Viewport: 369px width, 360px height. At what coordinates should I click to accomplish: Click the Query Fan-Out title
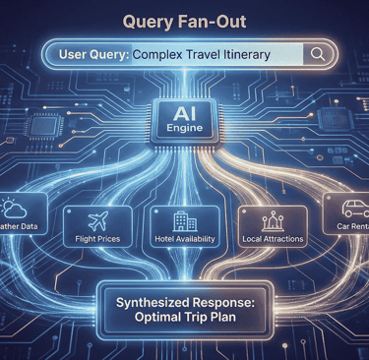184,21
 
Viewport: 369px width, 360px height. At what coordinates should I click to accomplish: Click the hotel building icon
184,219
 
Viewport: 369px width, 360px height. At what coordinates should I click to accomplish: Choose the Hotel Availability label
184,239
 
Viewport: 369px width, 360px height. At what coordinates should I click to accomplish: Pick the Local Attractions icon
272,219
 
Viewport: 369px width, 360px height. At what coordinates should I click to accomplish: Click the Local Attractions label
272,239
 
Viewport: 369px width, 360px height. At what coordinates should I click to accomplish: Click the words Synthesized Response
183,304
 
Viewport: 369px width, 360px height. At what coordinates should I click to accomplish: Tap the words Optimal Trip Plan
183,322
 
